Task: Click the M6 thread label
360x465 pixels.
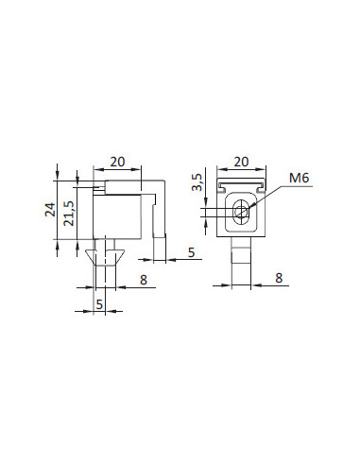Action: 299,178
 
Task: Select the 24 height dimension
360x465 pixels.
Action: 50,210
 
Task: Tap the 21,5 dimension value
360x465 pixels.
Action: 69,214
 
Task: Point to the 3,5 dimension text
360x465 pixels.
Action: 197,182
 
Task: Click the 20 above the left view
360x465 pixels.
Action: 117,162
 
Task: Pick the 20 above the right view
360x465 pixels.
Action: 241,162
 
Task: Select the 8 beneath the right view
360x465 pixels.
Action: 279,278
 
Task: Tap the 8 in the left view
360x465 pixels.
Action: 144,280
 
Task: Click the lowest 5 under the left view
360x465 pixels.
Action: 99,304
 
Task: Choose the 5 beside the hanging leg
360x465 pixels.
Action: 192,252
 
